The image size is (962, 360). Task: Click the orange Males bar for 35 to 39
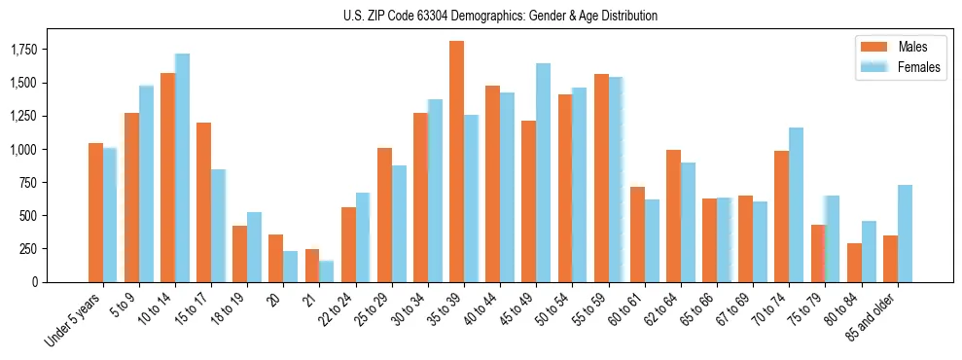click(x=456, y=162)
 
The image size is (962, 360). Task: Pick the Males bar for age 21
click(x=312, y=266)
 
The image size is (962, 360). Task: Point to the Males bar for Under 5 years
click(x=95, y=212)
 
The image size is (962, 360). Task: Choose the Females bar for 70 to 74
click(x=797, y=204)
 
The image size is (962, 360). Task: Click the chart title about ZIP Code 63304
click(x=500, y=16)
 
